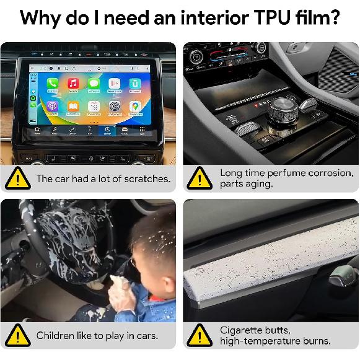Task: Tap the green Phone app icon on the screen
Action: (53, 84)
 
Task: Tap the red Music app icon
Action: (73, 84)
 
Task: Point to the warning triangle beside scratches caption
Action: (17, 178)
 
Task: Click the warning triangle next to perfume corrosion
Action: (200, 178)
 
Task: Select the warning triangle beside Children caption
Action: (17, 336)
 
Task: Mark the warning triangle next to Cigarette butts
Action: (200, 336)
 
